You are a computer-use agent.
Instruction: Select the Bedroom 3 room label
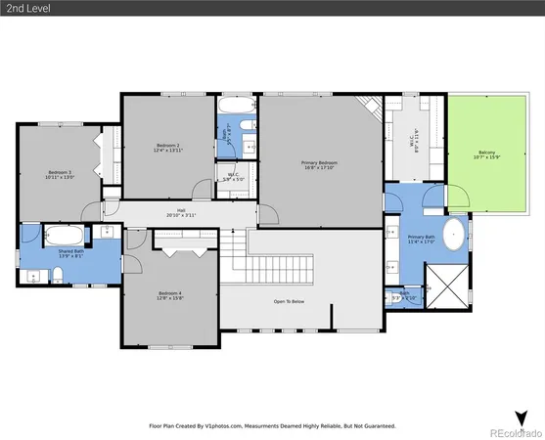61,174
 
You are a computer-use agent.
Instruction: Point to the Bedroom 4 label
170,294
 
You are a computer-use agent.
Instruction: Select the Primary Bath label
422,239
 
